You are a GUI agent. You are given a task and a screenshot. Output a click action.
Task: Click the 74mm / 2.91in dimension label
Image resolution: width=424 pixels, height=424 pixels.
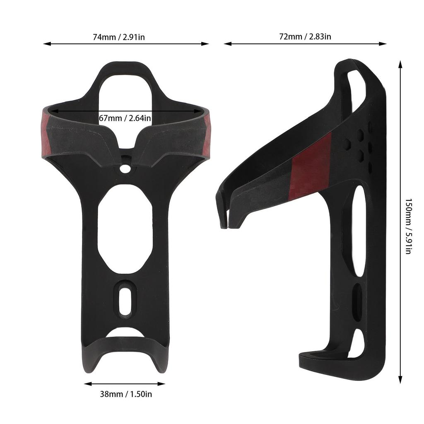pyautogui.click(x=119, y=37)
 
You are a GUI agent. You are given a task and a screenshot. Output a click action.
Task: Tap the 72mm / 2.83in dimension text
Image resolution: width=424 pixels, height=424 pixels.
pyautogui.click(x=305, y=36)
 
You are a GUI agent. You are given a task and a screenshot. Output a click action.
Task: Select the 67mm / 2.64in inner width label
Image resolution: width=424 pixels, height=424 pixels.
pyautogui.click(x=125, y=118)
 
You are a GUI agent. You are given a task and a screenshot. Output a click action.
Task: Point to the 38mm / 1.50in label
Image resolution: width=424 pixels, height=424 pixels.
pyautogui.click(x=126, y=394)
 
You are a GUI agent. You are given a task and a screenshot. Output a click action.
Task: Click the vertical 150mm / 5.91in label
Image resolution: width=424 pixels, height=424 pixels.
pyautogui.click(x=408, y=226)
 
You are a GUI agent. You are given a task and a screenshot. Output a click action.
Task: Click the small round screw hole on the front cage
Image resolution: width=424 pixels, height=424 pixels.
pyautogui.click(x=125, y=169)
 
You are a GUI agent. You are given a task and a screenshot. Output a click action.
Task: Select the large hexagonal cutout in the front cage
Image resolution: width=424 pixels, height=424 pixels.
pyautogui.click(x=125, y=229)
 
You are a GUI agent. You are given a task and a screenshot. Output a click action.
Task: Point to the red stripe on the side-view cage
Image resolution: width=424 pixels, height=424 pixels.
pyautogui.click(x=311, y=168)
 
